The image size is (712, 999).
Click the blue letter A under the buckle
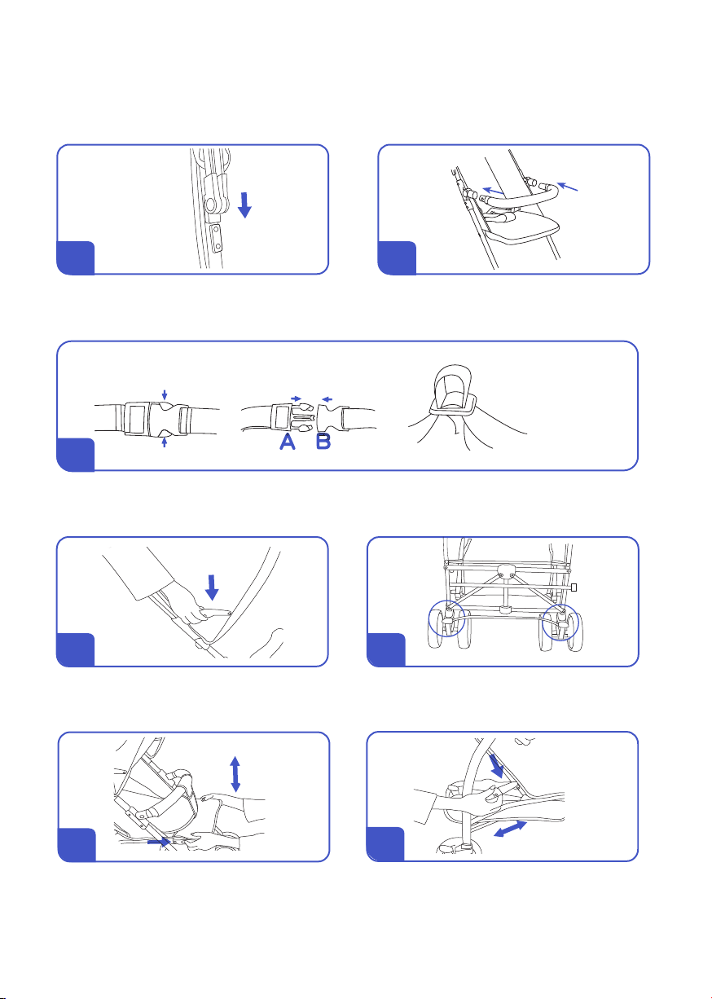coord(288,442)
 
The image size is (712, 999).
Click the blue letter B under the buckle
coord(323,442)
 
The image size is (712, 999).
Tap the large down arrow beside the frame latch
coord(244,205)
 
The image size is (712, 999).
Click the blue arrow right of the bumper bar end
coord(567,187)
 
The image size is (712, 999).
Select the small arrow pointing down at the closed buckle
coord(165,394)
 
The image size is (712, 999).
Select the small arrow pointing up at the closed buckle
coord(164,442)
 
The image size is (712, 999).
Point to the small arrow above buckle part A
coord(296,398)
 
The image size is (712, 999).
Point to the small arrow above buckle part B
coord(327,399)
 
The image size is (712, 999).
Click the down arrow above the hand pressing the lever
coord(212,588)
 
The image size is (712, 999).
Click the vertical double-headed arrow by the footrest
coord(235,774)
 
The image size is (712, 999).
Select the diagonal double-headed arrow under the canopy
coord(510,829)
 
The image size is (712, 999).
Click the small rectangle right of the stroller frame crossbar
coord(574,588)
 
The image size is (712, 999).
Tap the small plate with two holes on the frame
coord(217,239)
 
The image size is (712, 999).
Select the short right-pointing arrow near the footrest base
coord(159,843)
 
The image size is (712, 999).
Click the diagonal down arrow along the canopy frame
coord(496,766)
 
